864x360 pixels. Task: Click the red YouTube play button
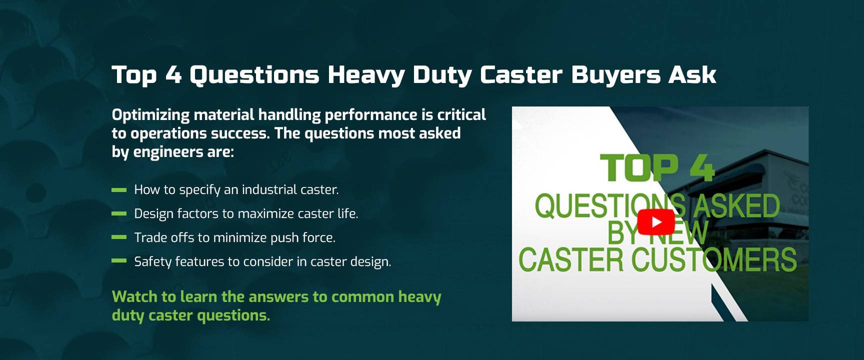point(656,222)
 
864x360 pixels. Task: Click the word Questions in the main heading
point(254,75)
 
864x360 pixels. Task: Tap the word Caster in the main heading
point(521,75)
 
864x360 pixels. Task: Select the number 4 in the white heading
point(173,75)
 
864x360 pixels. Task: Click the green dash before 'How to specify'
point(119,190)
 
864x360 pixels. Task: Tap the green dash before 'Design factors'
point(119,213)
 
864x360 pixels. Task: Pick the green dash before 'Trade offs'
point(119,237)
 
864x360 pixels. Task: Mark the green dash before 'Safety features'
point(119,260)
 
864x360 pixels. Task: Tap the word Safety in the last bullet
point(153,262)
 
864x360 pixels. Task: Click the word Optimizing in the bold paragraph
point(151,115)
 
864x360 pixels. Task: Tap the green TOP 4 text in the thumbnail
point(657,168)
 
